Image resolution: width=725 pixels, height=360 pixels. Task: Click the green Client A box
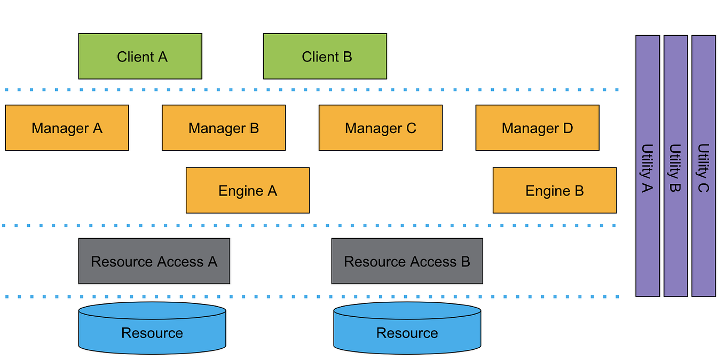[x=140, y=56]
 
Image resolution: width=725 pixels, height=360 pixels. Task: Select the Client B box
[x=325, y=56]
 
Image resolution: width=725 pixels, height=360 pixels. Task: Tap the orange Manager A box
[x=67, y=128]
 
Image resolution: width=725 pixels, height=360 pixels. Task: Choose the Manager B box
[x=224, y=128]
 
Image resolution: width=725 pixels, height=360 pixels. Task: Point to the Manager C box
[x=380, y=128]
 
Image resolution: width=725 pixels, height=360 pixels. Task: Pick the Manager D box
[x=537, y=128]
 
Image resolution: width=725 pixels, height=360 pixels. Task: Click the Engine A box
[x=248, y=191]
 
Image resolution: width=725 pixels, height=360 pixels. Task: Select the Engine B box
[x=554, y=191]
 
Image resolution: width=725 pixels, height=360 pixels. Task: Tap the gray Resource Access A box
[x=154, y=261]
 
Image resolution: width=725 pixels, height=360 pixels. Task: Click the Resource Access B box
[x=407, y=261]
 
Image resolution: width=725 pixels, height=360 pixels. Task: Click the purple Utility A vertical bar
[x=648, y=166]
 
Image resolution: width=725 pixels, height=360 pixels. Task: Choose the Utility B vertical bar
[x=675, y=166]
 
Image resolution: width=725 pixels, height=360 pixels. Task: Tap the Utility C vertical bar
[x=703, y=166]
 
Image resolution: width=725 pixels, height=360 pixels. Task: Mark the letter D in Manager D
[x=568, y=128]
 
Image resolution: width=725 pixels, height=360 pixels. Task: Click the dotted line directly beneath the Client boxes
[x=310, y=89]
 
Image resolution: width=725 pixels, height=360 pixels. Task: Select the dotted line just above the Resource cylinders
[x=310, y=296]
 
